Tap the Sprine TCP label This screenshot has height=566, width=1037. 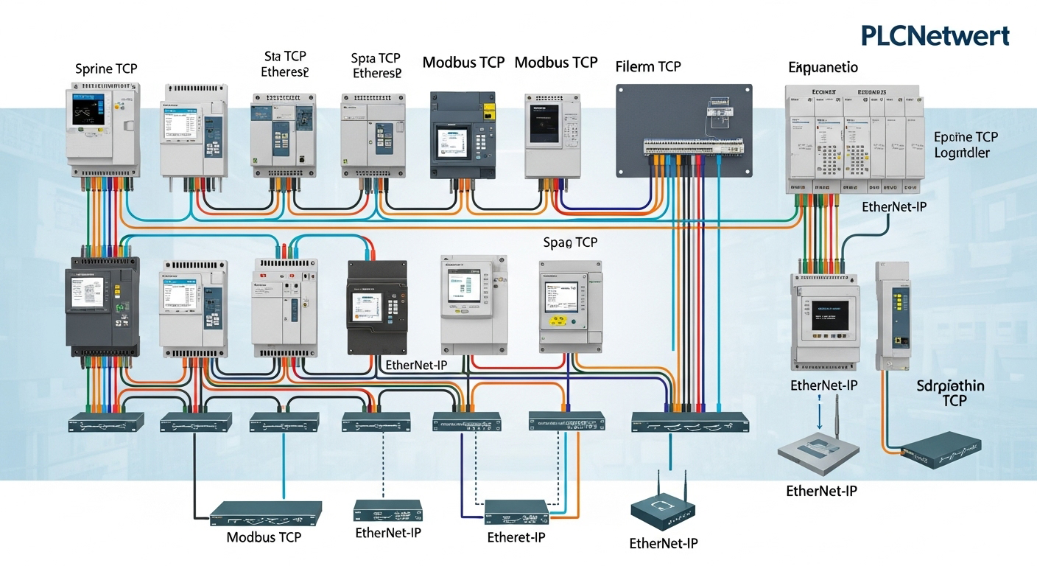[106, 69]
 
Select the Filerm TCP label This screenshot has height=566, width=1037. [648, 66]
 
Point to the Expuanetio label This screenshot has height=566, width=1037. [823, 68]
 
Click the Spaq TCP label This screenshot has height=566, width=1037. [570, 242]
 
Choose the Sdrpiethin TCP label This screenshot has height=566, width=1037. [951, 393]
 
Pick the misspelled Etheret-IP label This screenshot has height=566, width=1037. [516, 537]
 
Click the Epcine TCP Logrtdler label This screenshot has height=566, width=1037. [966, 144]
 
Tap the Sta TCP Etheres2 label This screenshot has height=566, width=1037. [284, 64]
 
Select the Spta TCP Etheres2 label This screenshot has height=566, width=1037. [376, 64]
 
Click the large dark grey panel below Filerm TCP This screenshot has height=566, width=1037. [683, 129]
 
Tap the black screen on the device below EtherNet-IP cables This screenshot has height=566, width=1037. [831, 315]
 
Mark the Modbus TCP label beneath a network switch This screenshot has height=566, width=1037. [264, 537]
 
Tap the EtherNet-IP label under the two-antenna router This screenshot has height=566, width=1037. [663, 544]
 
